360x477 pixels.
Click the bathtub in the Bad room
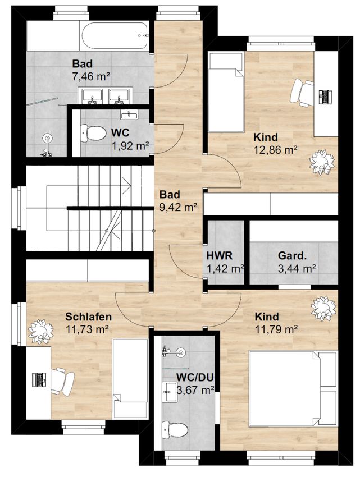[x=115, y=36]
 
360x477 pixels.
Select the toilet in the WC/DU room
[x=175, y=429]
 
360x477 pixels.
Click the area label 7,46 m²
[x=91, y=76]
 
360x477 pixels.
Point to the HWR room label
[x=219, y=255]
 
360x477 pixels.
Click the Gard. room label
[x=292, y=255]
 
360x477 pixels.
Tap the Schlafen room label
[x=89, y=317]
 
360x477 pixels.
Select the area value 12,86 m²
[x=275, y=150]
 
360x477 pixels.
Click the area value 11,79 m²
[x=276, y=329]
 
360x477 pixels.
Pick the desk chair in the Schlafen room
[x=62, y=381]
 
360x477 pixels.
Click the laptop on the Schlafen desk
[x=39, y=379]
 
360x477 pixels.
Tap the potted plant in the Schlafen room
[x=40, y=332]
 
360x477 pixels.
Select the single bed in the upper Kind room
[x=226, y=92]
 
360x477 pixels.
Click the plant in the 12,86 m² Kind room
[x=322, y=162]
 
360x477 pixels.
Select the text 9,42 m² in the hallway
[x=178, y=207]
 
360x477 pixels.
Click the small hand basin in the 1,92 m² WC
[x=129, y=114]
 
